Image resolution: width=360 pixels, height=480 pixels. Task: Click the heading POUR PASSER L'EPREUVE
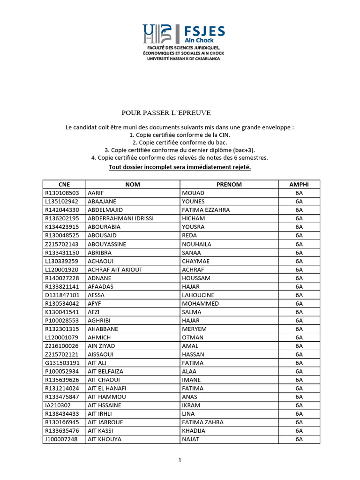click(x=166, y=112)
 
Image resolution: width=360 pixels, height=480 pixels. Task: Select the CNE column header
click(x=64, y=184)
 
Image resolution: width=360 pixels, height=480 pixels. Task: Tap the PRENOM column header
click(x=229, y=184)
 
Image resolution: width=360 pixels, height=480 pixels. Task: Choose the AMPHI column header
click(x=299, y=184)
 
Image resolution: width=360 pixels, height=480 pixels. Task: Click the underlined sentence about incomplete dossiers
click(x=180, y=167)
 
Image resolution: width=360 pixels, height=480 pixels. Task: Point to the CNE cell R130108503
click(x=62, y=193)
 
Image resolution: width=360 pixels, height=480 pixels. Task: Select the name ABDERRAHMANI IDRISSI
click(x=121, y=218)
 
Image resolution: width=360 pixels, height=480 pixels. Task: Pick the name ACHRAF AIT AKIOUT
click(x=115, y=270)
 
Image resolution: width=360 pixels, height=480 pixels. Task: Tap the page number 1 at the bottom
click(x=180, y=460)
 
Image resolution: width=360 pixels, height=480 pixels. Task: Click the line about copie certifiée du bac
click(x=180, y=142)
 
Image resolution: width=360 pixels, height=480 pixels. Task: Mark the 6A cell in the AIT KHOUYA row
click(x=299, y=439)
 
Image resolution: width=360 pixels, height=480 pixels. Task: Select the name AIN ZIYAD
click(x=102, y=346)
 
